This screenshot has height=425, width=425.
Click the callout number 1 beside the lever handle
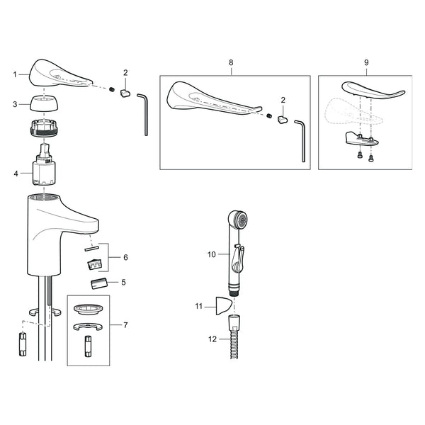15,74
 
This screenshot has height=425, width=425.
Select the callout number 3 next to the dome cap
15,104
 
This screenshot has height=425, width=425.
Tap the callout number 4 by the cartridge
16,174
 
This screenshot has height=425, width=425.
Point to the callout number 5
123,283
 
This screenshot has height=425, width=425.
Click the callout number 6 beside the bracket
125,258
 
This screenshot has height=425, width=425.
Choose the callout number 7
125,325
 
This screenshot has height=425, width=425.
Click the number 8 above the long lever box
231,62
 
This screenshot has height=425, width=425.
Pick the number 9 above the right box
366,62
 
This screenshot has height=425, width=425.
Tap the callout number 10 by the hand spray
211,254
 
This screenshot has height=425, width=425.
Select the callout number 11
199,306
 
